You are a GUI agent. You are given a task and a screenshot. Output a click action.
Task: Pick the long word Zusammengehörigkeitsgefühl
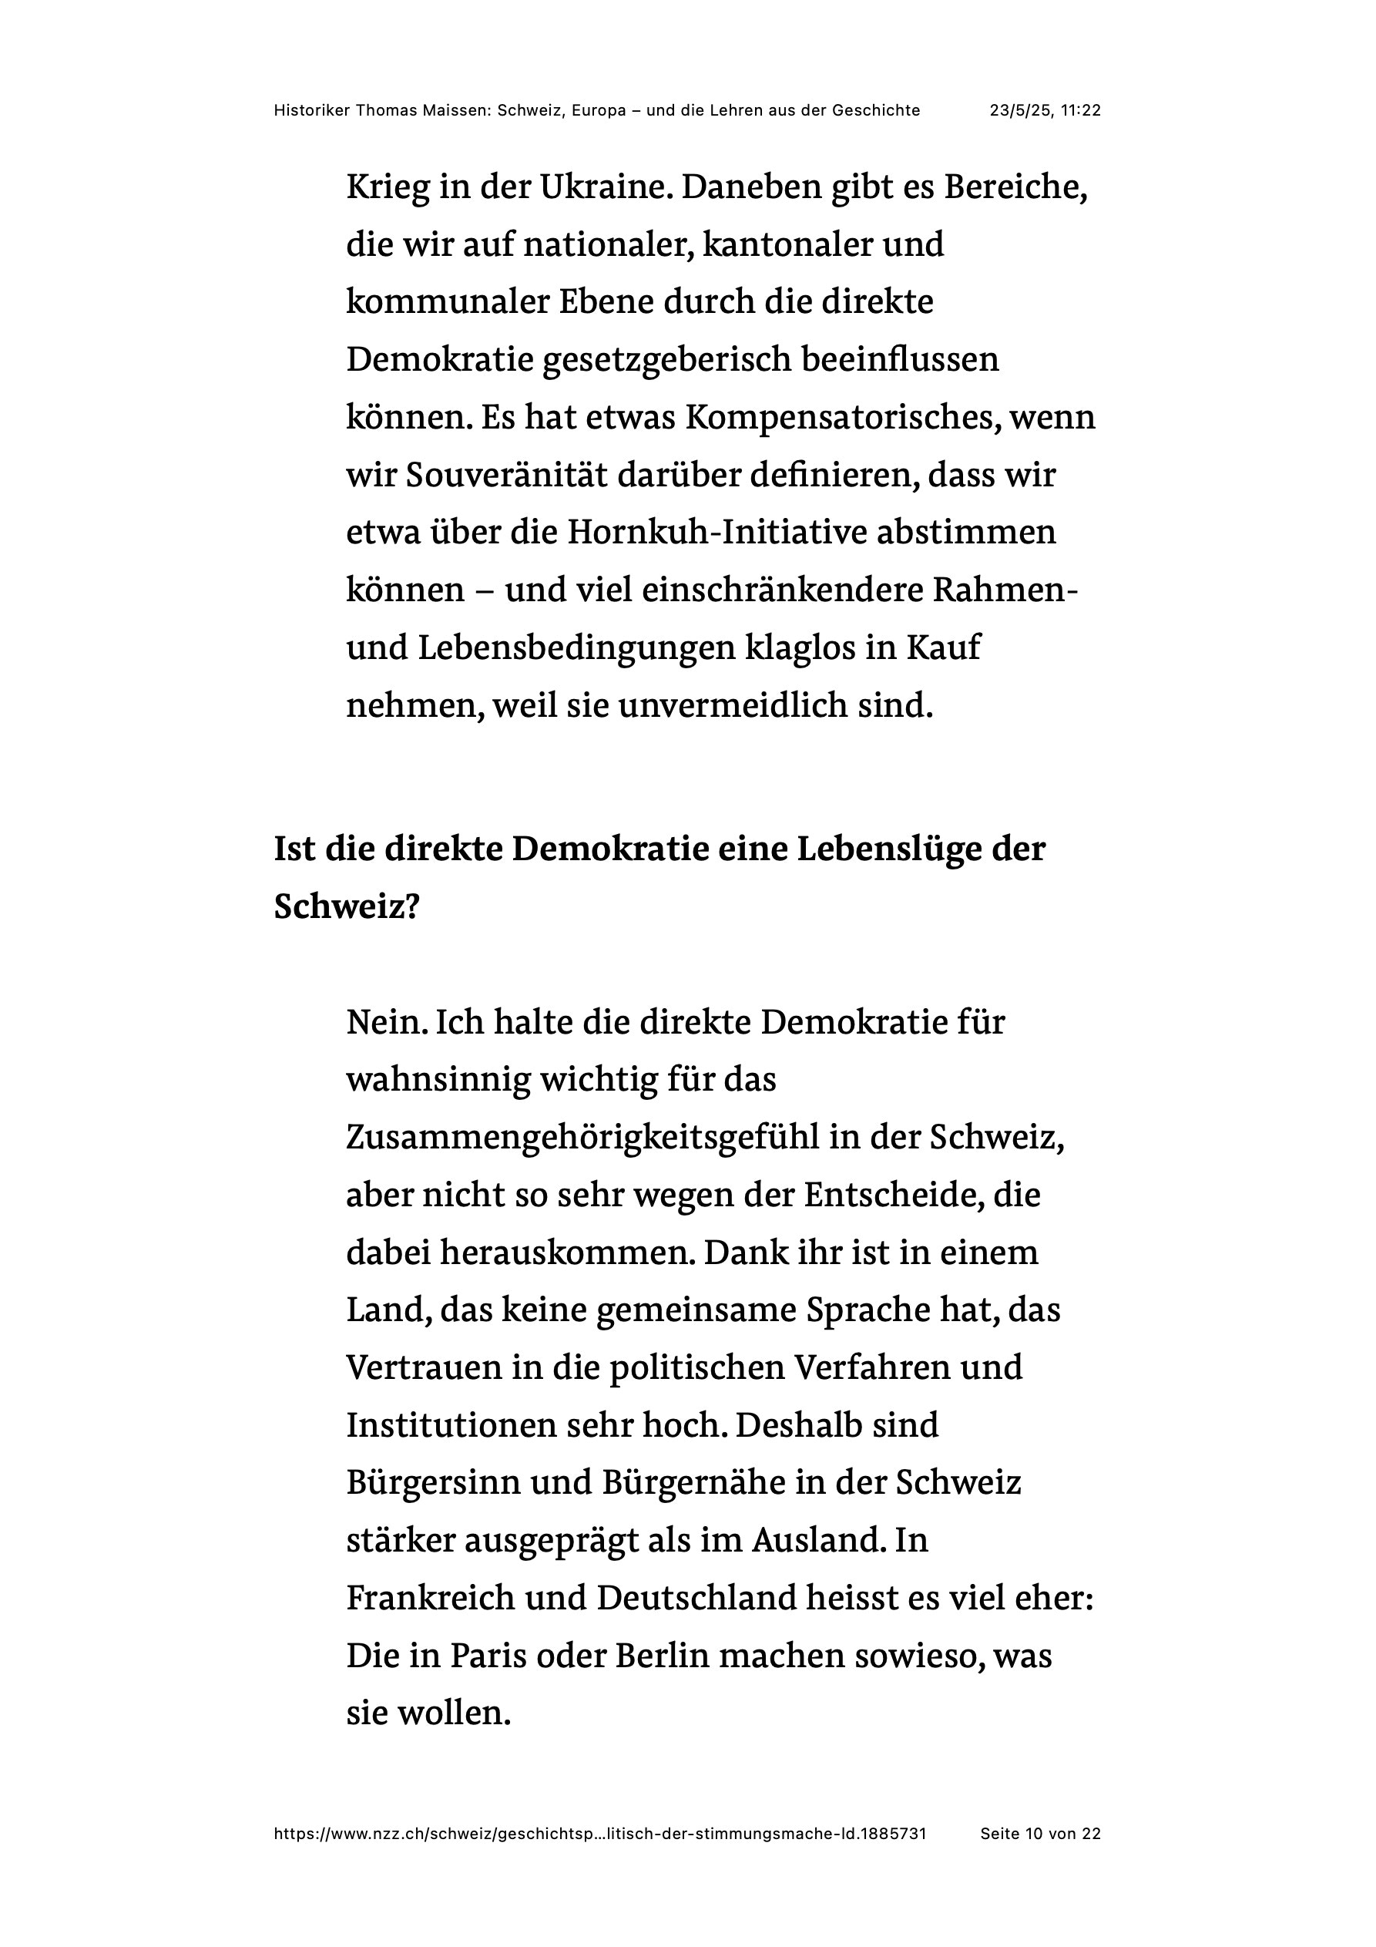tap(583, 1137)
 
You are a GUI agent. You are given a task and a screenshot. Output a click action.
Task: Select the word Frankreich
tap(430, 1599)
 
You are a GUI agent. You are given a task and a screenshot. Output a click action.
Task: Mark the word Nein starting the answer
tap(386, 1022)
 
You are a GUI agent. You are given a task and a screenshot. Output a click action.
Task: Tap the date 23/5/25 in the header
tap(1020, 110)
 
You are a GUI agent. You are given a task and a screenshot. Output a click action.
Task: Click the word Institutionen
tap(450, 1425)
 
